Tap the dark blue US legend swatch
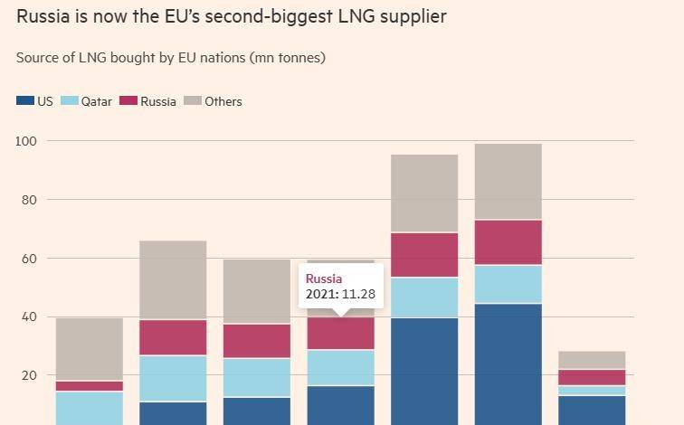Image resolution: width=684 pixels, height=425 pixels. (x=24, y=100)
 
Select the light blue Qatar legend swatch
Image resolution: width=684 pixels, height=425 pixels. (x=70, y=100)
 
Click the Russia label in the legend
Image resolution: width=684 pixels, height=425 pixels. (x=158, y=101)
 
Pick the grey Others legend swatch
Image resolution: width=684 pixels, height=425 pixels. (x=193, y=100)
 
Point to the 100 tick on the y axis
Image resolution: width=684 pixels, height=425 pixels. (x=26, y=141)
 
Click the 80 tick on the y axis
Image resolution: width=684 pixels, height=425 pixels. (x=29, y=200)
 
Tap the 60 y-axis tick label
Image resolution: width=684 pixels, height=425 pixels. (x=29, y=259)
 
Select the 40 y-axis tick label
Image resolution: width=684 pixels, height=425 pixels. (x=29, y=316)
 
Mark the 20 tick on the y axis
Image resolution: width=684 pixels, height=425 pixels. (x=29, y=375)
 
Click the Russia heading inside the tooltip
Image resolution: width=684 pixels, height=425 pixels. (x=324, y=279)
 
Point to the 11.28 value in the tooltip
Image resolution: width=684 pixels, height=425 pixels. (x=358, y=294)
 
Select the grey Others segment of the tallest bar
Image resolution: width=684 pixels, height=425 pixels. (x=508, y=182)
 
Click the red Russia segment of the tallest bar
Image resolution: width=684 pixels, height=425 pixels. (x=508, y=242)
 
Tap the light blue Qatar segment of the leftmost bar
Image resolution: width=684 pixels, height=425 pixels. (x=90, y=409)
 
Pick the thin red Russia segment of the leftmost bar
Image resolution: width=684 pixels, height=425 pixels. (x=90, y=386)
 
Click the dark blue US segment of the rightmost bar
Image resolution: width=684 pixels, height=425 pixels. (x=592, y=411)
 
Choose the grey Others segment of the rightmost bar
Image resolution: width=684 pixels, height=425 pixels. (x=592, y=360)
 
